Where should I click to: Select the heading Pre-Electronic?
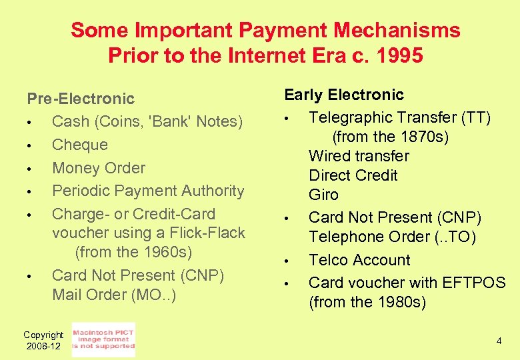coord(81,99)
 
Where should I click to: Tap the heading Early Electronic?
coord(344,95)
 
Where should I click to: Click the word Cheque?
coord(79,145)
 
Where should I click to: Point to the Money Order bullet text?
coord(98,168)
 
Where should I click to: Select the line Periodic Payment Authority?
coord(148,191)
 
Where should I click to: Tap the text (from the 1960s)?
coord(133,253)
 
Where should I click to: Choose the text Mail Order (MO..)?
coord(114,295)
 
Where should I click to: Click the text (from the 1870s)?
coord(390,137)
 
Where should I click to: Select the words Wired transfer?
coord(359,157)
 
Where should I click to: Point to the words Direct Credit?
coord(353,176)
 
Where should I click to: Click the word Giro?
coord(323,195)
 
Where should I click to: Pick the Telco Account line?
coord(359,260)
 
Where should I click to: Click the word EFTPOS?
coord(473,283)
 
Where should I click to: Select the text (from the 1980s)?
coord(367,302)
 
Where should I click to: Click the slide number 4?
coord(498,341)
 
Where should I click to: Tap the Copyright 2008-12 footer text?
coord(43,341)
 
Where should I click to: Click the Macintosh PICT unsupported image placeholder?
coord(103,339)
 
